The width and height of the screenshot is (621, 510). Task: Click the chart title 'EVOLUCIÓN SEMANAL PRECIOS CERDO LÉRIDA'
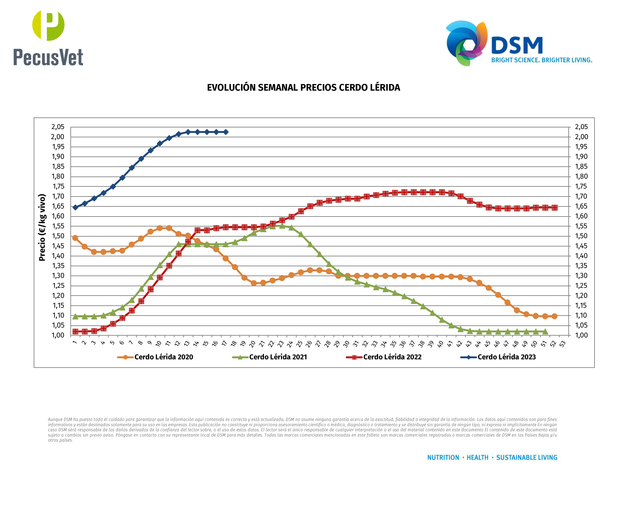pos(303,88)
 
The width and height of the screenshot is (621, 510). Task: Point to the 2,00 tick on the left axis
pos(58,137)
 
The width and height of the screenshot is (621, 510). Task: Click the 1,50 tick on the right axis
pos(581,236)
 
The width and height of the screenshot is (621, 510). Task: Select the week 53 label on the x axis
pos(562,344)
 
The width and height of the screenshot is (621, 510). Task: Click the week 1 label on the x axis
pos(75,343)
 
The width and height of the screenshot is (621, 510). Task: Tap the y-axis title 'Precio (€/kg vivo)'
pos(42,227)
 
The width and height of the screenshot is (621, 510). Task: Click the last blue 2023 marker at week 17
pos(226,132)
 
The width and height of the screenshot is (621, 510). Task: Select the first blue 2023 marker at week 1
pos(75,207)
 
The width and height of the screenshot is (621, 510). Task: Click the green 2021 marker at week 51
pos(545,331)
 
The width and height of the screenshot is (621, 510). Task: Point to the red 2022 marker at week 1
pos(75,331)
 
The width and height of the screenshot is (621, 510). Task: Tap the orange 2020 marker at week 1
pos(75,238)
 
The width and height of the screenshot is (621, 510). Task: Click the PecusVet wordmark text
pos(48,57)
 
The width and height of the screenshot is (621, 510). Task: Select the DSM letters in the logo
pos(517,46)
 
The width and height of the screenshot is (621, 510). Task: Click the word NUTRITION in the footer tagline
pos(443,457)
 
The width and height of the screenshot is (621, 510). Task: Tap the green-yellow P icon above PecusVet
pos(48,25)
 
